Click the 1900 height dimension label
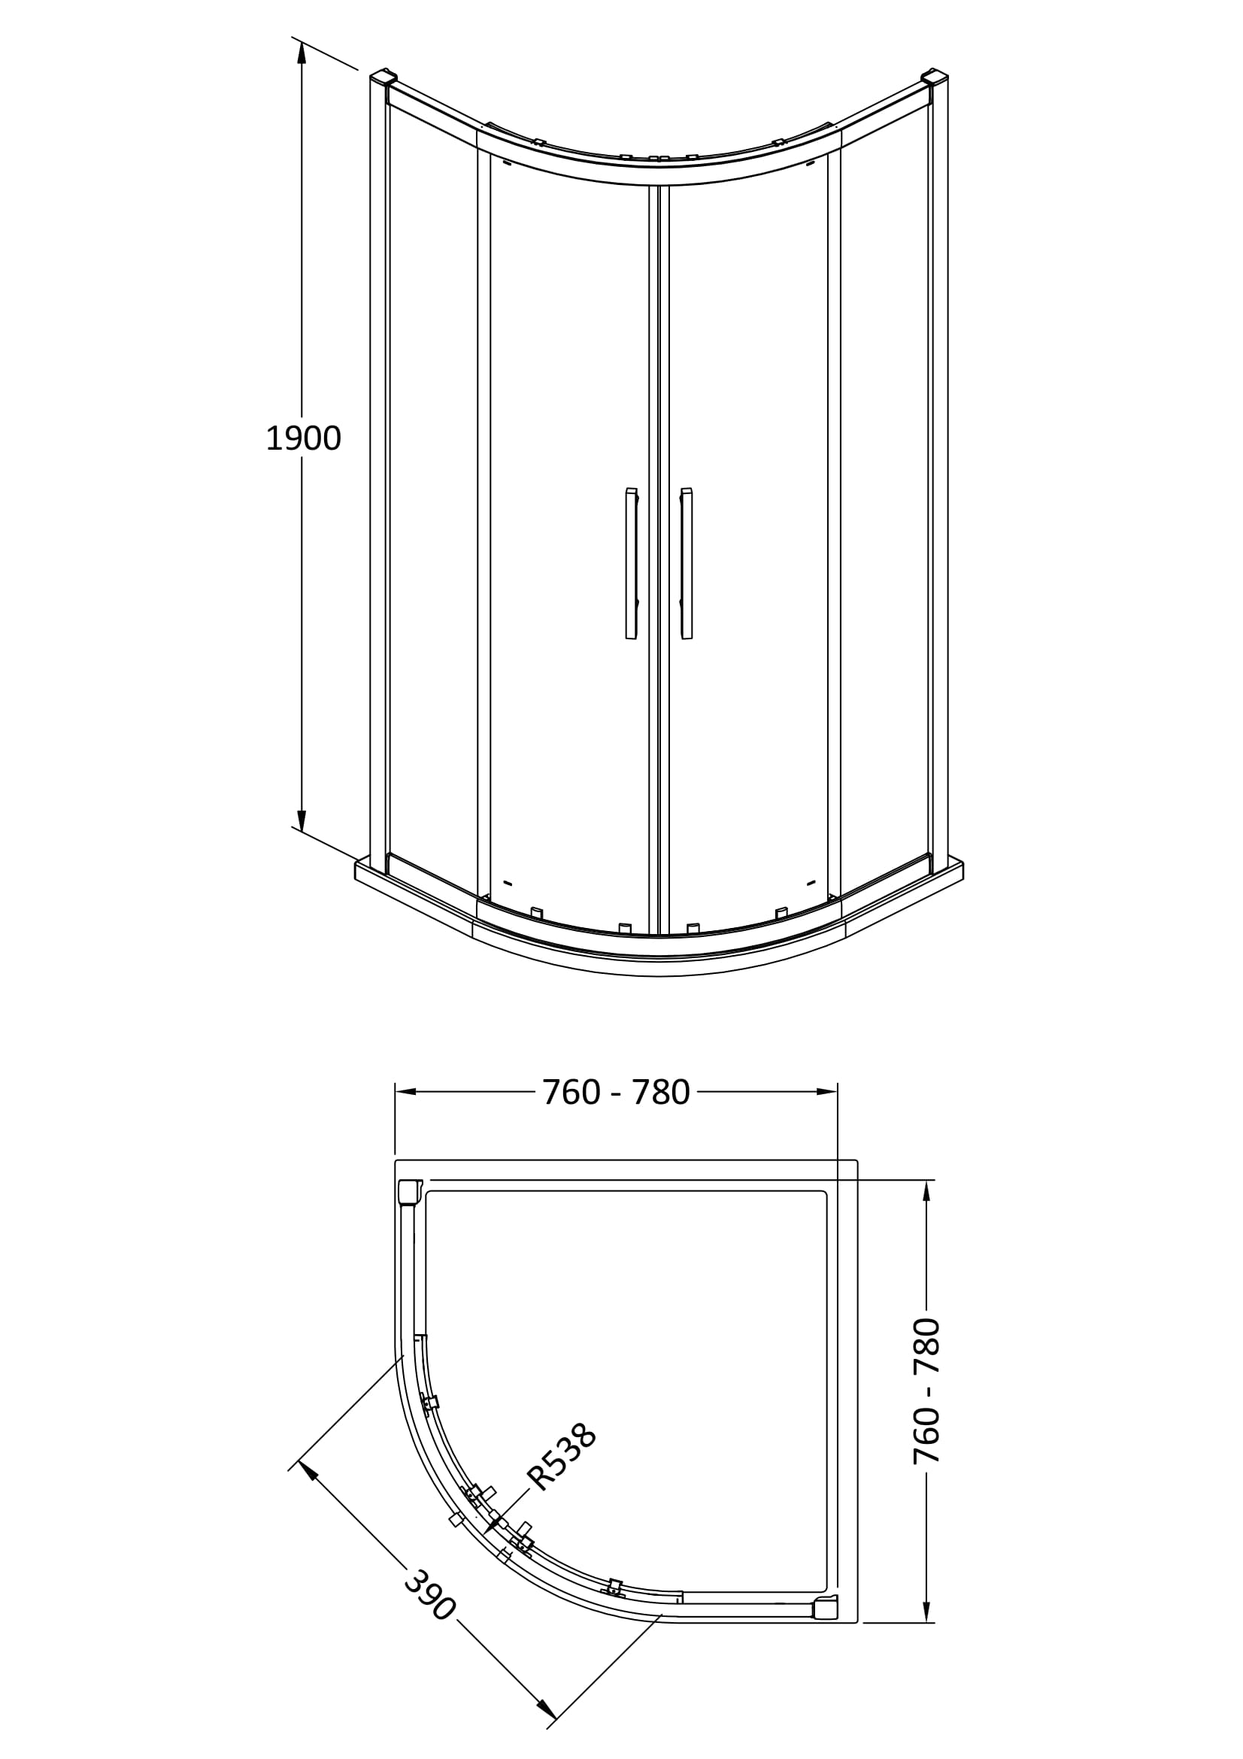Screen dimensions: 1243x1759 point(303,438)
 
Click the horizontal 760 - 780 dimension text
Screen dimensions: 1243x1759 point(616,1093)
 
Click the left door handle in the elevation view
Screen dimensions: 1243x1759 point(632,563)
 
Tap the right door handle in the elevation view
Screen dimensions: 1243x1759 point(687,563)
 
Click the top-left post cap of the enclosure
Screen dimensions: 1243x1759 point(383,77)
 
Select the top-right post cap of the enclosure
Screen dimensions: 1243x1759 point(935,77)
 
